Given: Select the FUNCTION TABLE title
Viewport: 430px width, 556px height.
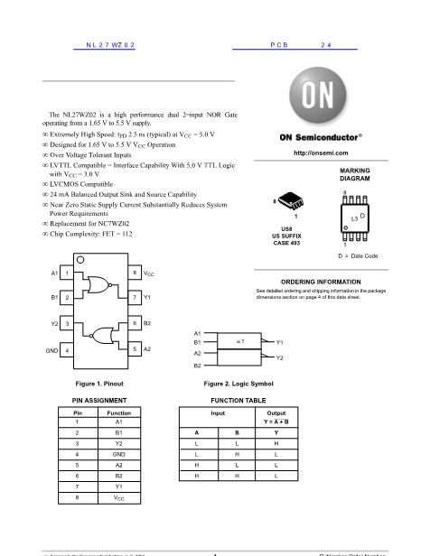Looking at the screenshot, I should tap(238, 398).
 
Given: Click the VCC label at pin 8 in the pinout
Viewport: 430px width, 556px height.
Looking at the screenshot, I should tap(150, 273).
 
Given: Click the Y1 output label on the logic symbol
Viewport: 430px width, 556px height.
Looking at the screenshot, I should tap(280, 343).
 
